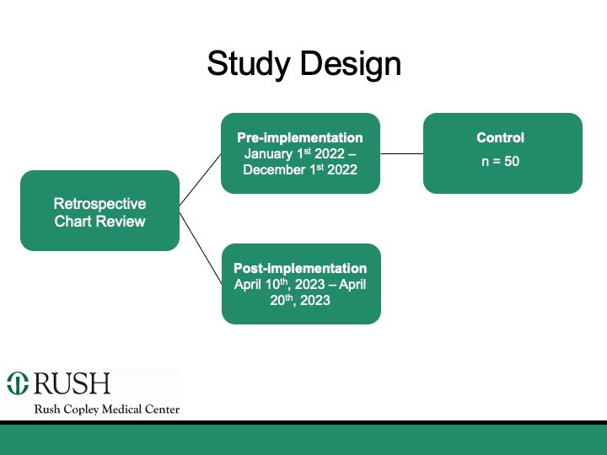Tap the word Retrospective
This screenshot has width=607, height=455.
(99, 204)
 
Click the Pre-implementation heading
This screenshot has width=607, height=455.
(300, 137)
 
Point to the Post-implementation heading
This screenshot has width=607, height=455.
(300, 268)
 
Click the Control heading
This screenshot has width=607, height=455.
(501, 137)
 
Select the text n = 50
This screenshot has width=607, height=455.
(501, 161)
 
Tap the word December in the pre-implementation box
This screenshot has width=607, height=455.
(273, 170)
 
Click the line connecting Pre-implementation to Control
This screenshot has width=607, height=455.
(401, 154)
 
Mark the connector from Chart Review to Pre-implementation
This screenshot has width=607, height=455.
(200, 179)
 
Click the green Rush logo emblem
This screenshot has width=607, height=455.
(18, 384)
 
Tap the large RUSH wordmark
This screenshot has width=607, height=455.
(73, 384)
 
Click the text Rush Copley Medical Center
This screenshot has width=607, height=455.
(106, 409)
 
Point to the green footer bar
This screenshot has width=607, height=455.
(303, 439)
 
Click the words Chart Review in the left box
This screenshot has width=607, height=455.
(99, 222)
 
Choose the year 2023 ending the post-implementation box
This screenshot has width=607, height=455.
(312, 301)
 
